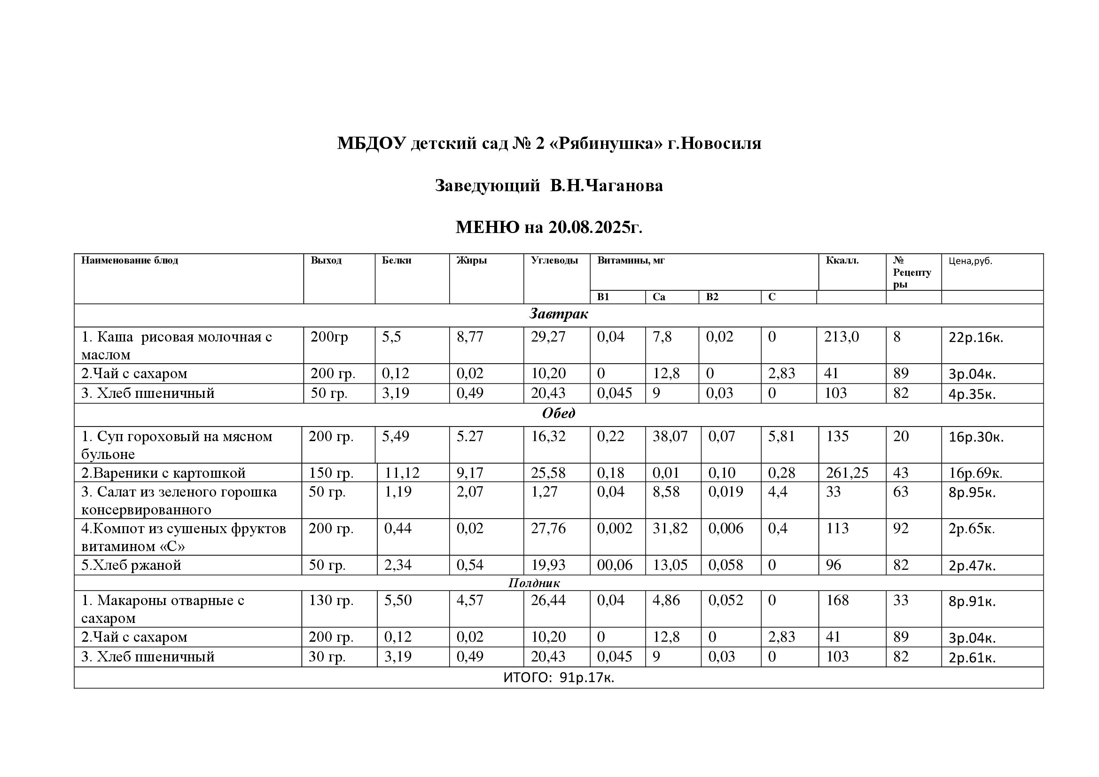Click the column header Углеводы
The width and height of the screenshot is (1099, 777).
click(554, 261)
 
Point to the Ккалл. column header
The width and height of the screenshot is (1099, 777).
click(842, 261)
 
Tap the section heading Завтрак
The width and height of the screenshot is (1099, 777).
click(558, 314)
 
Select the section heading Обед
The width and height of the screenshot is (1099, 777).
click(558, 413)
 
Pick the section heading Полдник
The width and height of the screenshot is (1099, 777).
click(534, 583)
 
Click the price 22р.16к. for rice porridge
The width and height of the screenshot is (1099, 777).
click(975, 338)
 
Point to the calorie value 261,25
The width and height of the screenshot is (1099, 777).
click(847, 473)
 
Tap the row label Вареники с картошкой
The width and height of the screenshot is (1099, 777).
click(163, 473)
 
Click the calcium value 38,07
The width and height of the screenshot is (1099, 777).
click(670, 436)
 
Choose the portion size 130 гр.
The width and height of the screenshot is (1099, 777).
click(331, 600)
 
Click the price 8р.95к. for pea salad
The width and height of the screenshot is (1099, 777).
click(972, 492)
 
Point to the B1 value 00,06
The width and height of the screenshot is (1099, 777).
click(614, 565)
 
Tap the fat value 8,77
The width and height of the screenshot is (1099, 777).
click(469, 337)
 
